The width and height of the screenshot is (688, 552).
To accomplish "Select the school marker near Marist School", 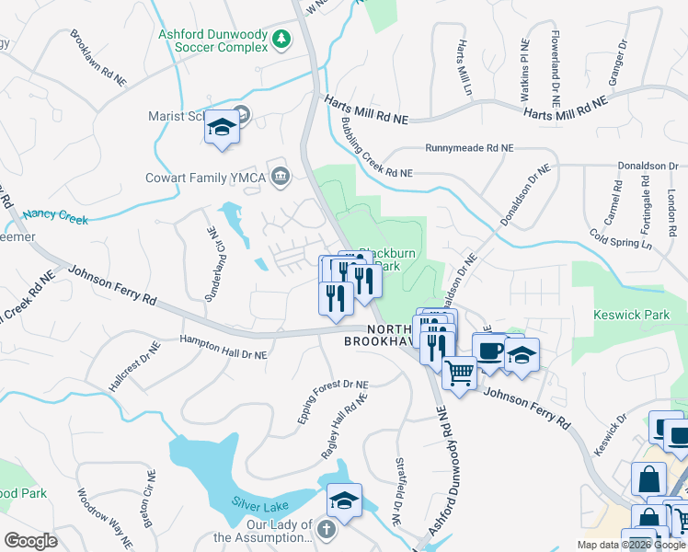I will [x=222, y=129].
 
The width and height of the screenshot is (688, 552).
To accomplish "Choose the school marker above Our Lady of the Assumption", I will [x=344, y=500].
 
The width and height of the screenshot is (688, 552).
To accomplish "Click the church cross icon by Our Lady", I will [x=326, y=529].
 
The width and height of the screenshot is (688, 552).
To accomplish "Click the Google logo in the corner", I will [x=30, y=541].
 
